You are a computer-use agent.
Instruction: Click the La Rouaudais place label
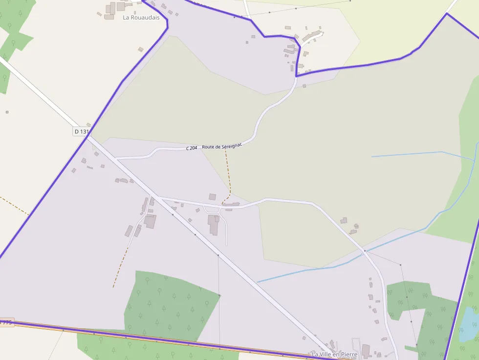click(x=141, y=18)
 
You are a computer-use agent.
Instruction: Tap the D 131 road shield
click(x=82, y=131)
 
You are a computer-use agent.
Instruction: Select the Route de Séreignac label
click(x=222, y=146)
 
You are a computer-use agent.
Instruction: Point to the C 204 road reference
click(x=192, y=148)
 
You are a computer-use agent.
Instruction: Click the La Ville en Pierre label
click(x=335, y=354)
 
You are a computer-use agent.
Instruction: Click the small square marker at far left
click(x=7, y=112)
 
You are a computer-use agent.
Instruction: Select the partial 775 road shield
click(x=6, y=322)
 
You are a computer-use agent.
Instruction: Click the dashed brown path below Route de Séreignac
click(x=228, y=176)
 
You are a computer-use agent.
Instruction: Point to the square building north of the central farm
click(x=212, y=197)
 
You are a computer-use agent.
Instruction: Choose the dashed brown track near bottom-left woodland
click(x=120, y=266)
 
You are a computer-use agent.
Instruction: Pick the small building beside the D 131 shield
click(x=88, y=125)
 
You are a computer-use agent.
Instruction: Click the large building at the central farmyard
click(x=214, y=224)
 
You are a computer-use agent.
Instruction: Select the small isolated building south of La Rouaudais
click(x=141, y=49)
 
